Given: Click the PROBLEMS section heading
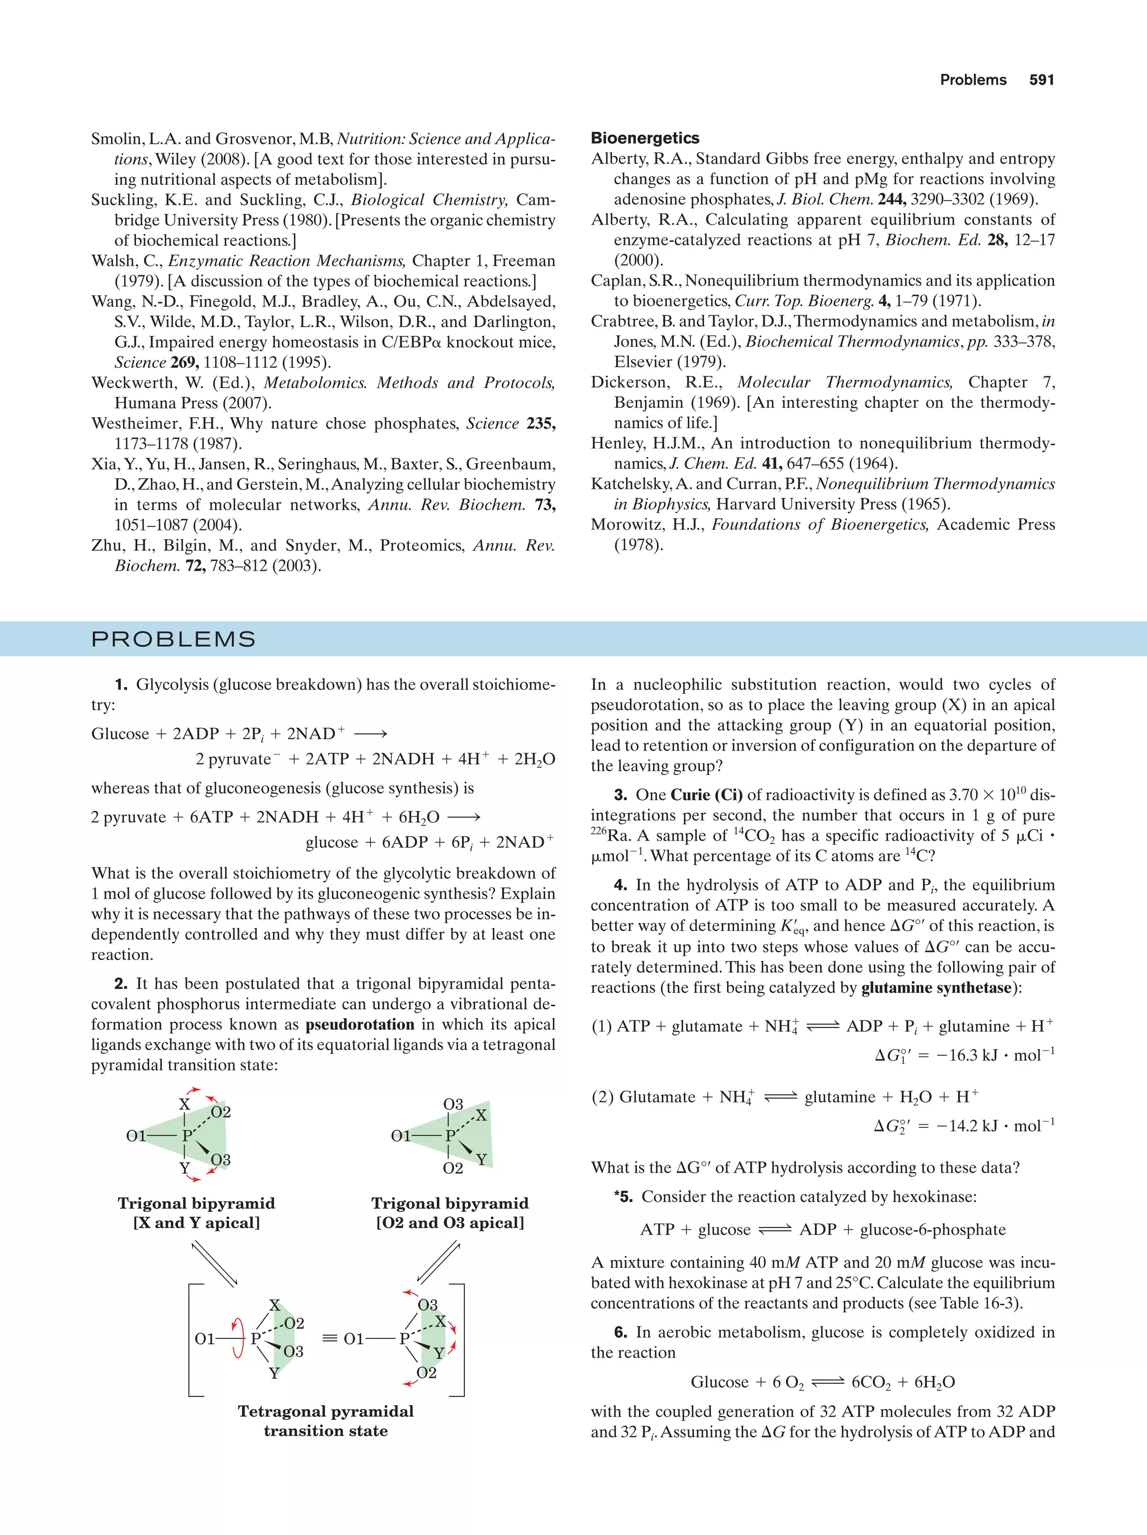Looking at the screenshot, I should (x=174, y=639).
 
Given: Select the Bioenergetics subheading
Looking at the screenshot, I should (x=645, y=138).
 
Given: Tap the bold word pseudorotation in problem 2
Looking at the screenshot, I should (x=360, y=1024).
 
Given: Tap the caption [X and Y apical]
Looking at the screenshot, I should (x=197, y=1223).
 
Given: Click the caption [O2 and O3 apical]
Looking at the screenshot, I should (x=450, y=1223).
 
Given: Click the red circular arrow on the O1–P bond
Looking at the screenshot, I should (x=238, y=1338).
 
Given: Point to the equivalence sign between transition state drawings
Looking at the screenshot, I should (x=330, y=1338).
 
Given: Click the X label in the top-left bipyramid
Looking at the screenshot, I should (x=184, y=1104).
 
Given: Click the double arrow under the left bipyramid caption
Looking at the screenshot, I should (x=214, y=1263).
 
